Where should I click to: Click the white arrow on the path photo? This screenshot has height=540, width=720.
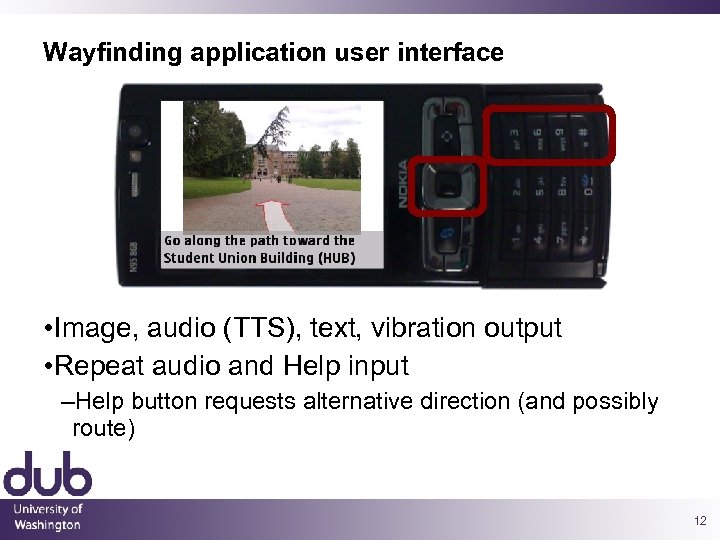(271, 214)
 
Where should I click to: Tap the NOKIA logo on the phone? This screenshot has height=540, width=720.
(403, 184)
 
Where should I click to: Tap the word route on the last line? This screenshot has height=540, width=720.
(103, 429)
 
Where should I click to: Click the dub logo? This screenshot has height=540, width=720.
(47, 474)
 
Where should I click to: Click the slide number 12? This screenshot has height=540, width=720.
(698, 521)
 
